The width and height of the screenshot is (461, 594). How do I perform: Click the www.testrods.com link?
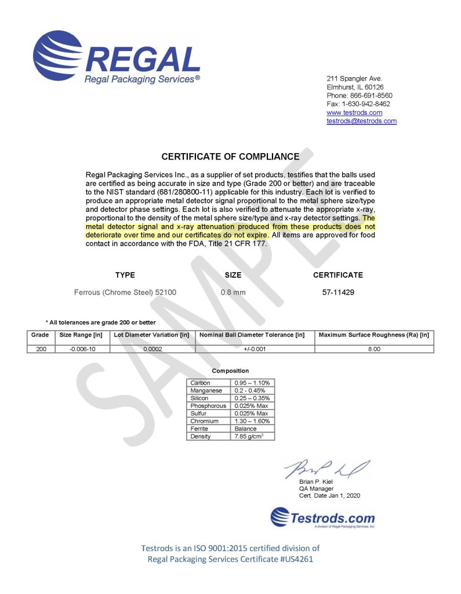[354, 113]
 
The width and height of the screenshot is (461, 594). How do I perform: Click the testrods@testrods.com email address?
[361, 121]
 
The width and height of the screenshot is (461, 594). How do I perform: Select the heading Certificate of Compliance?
[230, 157]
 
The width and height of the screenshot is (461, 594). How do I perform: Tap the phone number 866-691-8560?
[369, 95]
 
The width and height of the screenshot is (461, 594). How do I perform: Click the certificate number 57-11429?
[338, 292]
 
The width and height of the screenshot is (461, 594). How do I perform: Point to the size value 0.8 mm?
[233, 292]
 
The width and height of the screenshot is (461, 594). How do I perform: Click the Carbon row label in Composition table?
[201, 383]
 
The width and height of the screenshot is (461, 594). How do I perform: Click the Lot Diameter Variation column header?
[151, 335]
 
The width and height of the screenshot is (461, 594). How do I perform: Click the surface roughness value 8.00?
[374, 349]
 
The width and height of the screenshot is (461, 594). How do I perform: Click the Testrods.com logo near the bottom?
[323, 517]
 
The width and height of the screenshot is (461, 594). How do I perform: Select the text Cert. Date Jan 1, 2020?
[329, 495]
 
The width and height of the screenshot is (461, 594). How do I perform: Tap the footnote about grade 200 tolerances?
[100, 323]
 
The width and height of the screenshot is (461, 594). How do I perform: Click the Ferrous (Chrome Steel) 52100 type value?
[125, 292]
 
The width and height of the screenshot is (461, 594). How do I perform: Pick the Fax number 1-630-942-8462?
[366, 104]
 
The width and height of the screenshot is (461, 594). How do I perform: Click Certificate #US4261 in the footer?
[278, 559]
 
